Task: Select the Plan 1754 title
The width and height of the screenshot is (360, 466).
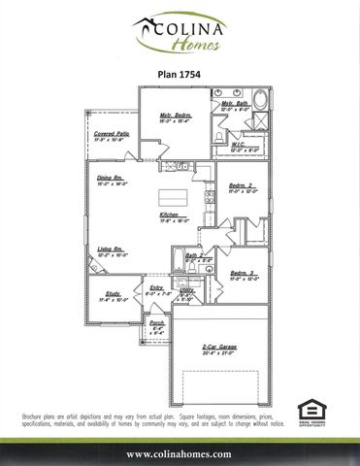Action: click(x=180, y=72)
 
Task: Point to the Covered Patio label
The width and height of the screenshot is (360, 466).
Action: click(x=112, y=135)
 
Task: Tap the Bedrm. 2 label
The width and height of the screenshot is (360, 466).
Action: click(x=242, y=185)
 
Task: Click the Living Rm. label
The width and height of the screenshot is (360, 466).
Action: click(x=110, y=250)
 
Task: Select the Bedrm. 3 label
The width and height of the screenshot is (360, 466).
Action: click(x=243, y=275)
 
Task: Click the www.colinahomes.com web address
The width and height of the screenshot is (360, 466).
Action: click(x=180, y=453)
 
